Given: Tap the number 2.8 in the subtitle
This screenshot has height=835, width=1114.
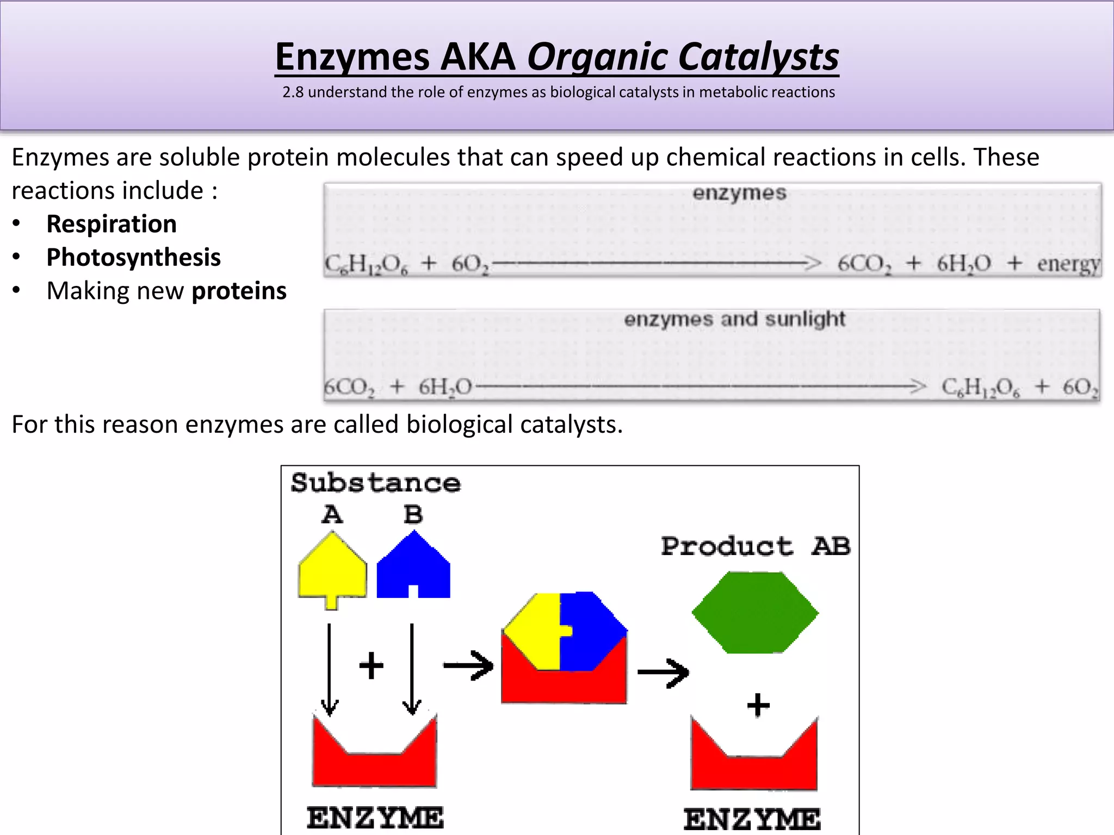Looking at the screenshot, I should pyautogui.click(x=293, y=92).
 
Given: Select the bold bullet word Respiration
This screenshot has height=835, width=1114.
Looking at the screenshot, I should pyautogui.click(x=112, y=224).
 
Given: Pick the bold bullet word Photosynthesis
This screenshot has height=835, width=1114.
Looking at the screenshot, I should pyautogui.click(x=133, y=258).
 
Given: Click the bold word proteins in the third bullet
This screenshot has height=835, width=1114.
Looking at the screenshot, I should pyautogui.click(x=239, y=291).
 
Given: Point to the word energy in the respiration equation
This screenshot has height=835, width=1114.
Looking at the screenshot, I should pyautogui.click(x=1068, y=264).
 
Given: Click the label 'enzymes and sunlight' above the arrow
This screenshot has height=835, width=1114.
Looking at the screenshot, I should pyautogui.click(x=734, y=319).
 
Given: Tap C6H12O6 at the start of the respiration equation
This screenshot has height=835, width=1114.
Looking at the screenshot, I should pyautogui.click(x=366, y=264).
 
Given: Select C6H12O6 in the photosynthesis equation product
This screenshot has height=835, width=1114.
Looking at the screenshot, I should pyautogui.click(x=981, y=388).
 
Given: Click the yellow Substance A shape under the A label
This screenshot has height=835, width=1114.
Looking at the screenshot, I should pyautogui.click(x=332, y=568).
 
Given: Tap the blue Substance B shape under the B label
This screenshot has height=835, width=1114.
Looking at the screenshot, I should pyautogui.click(x=413, y=568).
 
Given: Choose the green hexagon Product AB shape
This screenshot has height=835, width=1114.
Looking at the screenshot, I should pyautogui.click(x=755, y=612).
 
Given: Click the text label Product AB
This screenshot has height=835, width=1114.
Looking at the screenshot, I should pyautogui.click(x=755, y=546).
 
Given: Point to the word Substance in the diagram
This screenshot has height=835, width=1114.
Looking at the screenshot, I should pyautogui.click(x=375, y=483).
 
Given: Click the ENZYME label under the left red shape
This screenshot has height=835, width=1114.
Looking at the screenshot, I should pyautogui.click(x=375, y=818).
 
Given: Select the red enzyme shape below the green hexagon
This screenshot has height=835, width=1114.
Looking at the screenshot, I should pyautogui.click(x=754, y=764).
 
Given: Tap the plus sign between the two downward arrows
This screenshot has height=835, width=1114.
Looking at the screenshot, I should pyautogui.click(x=372, y=665).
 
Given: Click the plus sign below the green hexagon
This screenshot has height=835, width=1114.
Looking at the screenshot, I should pyautogui.click(x=758, y=706).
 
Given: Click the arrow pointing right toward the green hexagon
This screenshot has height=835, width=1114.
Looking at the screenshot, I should pyautogui.click(x=663, y=673).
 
